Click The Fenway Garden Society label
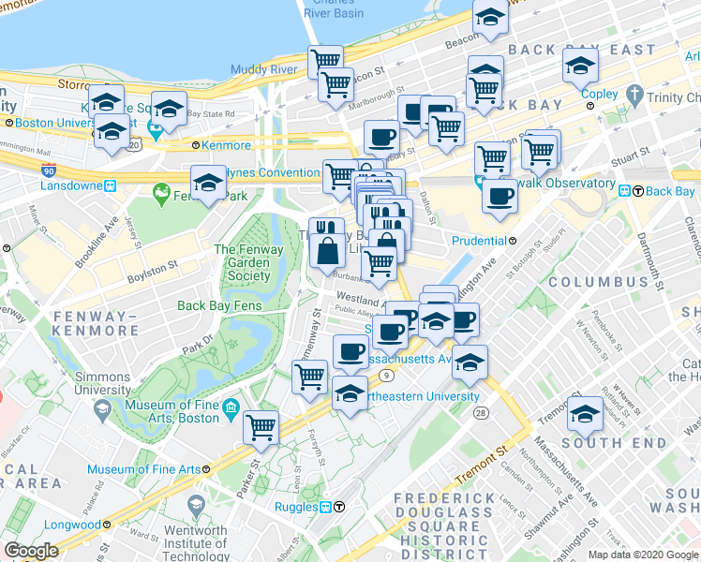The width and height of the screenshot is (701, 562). tap(243, 262)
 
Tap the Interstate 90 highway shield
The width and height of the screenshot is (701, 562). tap(49, 171)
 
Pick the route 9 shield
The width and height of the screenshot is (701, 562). tap(385, 376)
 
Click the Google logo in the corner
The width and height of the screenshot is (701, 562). tap(31, 551)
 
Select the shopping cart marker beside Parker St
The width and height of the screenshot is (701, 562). tap(261, 427)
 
